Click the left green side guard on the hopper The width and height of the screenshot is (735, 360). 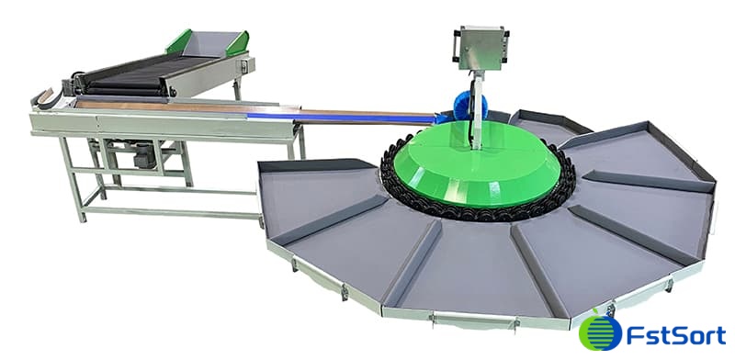point(179,41)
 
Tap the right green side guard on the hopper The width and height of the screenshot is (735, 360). point(238,42)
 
